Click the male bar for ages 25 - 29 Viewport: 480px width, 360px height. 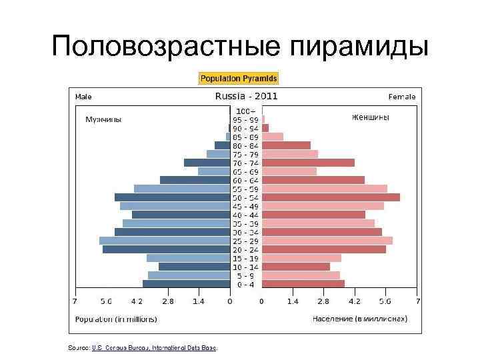click(x=165, y=241)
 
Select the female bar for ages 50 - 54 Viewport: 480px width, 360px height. click(x=331, y=197)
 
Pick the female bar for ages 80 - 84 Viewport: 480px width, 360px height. click(x=286, y=145)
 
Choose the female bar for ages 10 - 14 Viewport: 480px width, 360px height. click(x=295, y=267)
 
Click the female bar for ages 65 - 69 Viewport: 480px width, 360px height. click(x=289, y=171)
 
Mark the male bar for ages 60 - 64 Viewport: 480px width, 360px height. click(x=195, y=180)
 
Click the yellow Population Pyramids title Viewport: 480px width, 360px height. click(x=239, y=79)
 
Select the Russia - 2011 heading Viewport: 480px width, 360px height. click(x=245, y=96)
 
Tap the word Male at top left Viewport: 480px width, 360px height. click(x=83, y=97)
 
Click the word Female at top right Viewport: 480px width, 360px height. click(x=402, y=97)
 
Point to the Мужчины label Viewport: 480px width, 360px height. click(x=103, y=119)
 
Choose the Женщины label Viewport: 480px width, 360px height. click(x=371, y=117)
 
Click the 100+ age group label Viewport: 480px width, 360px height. click(x=246, y=111)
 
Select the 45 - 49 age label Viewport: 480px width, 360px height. click(x=246, y=206)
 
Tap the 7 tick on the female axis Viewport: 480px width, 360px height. click(x=417, y=301)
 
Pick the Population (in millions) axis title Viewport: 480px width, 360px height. click(x=116, y=319)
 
